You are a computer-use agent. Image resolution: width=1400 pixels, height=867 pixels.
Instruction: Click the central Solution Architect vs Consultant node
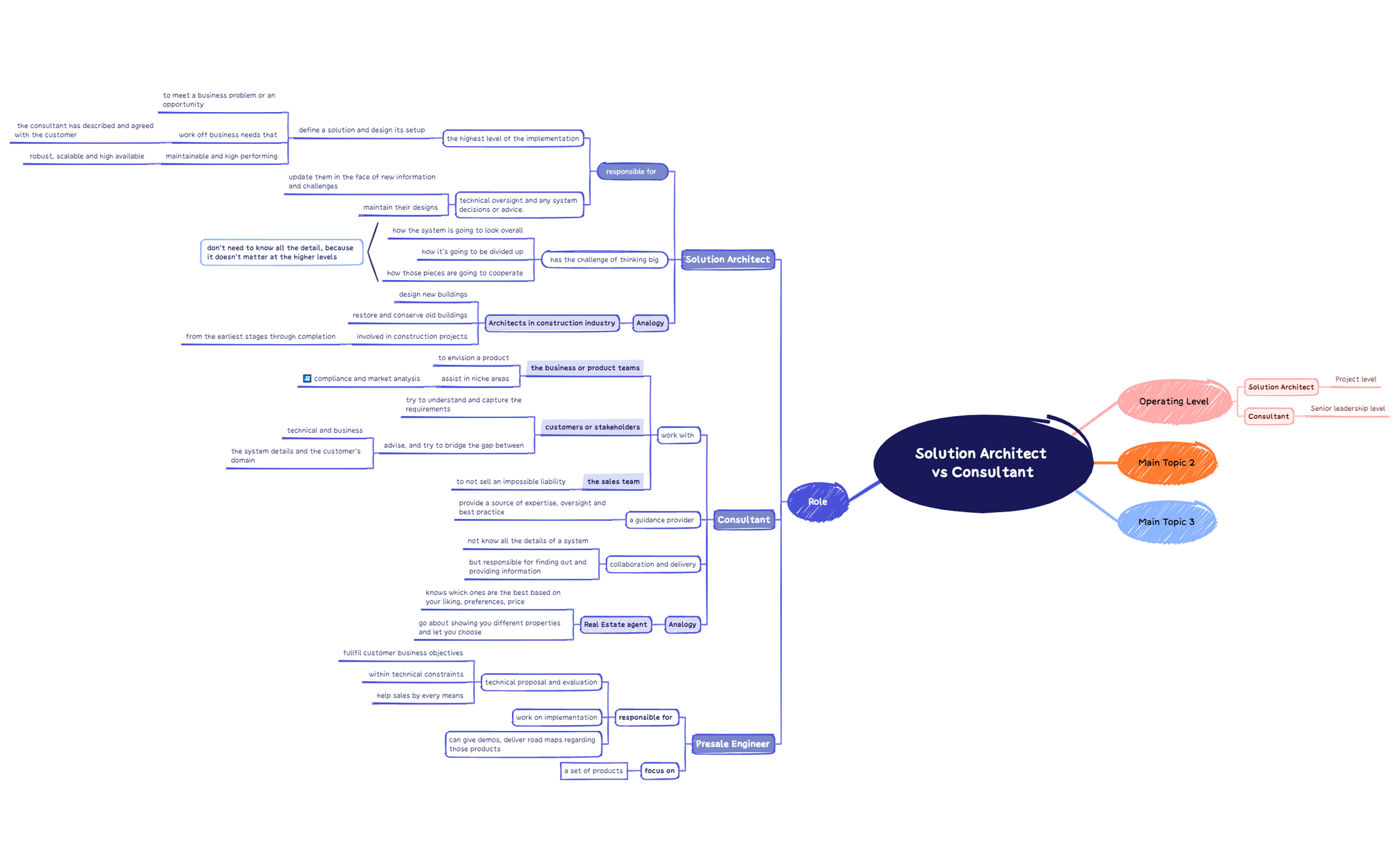coord(981,463)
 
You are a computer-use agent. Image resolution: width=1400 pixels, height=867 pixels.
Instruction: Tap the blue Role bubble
coord(817,502)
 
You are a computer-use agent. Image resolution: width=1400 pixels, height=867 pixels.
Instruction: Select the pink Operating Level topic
coord(1173,401)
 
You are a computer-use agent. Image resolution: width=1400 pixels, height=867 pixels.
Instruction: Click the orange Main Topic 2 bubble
coord(1167,463)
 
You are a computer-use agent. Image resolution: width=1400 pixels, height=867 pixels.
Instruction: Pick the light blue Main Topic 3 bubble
coord(1167,522)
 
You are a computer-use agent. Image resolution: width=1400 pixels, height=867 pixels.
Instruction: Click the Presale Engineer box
coord(733,744)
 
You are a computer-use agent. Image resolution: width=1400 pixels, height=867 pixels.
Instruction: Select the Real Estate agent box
coord(615,625)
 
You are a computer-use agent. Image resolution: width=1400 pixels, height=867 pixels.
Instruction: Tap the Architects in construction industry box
coord(552,323)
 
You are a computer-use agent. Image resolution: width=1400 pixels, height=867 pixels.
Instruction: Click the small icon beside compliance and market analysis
coord(307,379)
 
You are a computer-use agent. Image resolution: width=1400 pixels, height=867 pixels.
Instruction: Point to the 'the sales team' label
coord(613,482)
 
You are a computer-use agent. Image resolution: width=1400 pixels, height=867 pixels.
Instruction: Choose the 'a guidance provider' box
coord(662,520)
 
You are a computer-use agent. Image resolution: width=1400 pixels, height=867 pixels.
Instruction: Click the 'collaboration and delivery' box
coord(653,564)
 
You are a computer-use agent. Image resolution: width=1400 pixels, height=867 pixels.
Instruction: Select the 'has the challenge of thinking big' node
coord(604,260)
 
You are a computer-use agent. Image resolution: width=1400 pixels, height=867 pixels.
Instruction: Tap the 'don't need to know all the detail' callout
coord(281,253)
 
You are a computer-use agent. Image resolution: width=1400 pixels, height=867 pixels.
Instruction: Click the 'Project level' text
coord(1355,379)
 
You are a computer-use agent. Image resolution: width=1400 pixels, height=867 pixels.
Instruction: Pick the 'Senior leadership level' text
coord(1347,409)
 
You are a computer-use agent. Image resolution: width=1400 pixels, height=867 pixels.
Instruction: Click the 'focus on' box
coord(659,771)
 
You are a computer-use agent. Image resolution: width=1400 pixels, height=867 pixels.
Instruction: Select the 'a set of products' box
coord(593,771)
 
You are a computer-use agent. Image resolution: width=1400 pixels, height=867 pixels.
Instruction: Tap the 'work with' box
coord(677,436)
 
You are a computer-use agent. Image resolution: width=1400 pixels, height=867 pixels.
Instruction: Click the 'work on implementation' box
coord(557,718)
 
